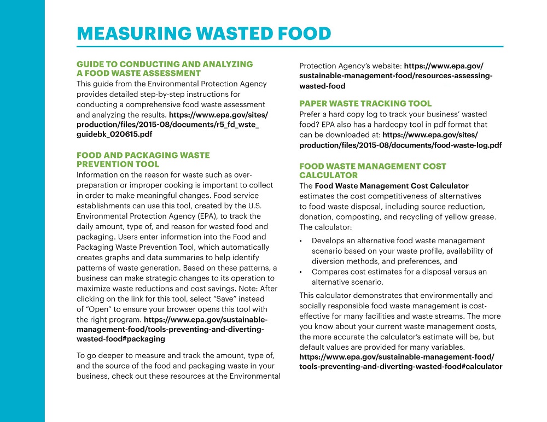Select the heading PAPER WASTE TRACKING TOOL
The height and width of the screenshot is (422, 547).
(x=365, y=103)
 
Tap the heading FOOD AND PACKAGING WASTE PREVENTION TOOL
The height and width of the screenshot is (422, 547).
(x=143, y=160)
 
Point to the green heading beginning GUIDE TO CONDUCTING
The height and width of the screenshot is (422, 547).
(x=165, y=68)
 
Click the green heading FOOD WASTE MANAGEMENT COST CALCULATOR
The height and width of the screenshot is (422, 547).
(x=373, y=171)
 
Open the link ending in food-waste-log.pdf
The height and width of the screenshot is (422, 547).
(x=400, y=145)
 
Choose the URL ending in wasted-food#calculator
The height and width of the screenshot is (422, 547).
(x=400, y=367)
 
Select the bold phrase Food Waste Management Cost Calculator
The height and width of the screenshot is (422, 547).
(x=391, y=186)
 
